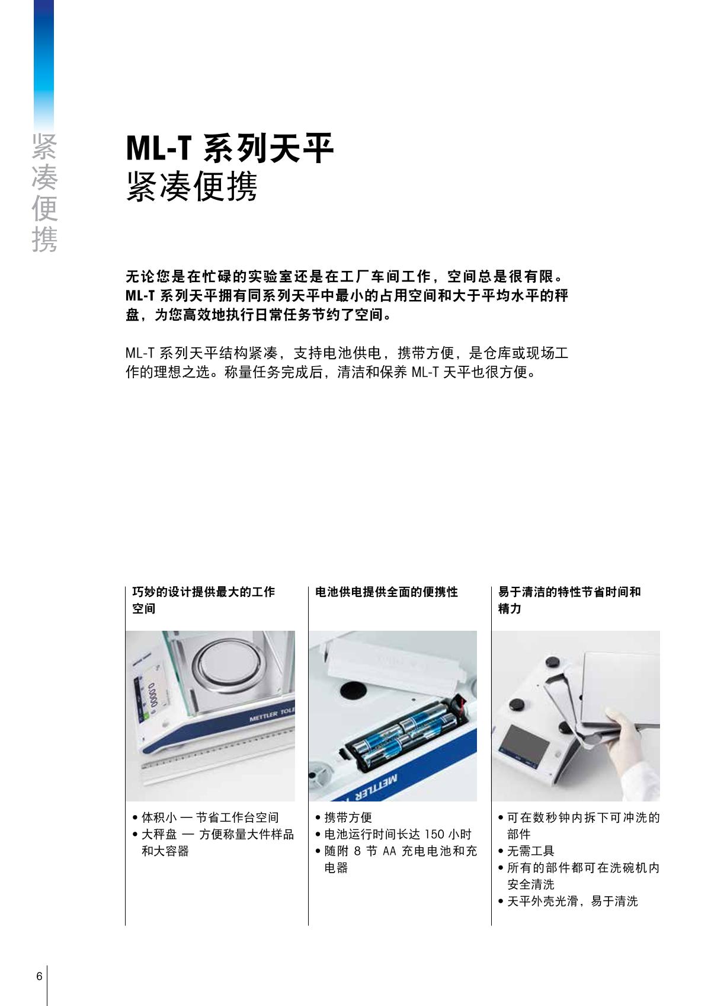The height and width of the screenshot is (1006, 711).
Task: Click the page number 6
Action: [39, 976]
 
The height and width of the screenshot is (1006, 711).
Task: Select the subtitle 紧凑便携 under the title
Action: [191, 186]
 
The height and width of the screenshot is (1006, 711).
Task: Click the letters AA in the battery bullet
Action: [389, 851]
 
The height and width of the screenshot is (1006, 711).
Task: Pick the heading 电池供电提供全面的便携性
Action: [386, 592]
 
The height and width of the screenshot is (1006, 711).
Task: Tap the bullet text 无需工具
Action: [530, 851]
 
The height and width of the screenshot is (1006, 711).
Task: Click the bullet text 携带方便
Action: [348, 817]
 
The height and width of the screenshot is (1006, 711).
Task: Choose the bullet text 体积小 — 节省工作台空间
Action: [210, 817]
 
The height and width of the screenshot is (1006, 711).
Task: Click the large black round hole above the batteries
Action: [353, 690]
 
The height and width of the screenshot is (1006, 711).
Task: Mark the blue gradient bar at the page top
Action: [44, 66]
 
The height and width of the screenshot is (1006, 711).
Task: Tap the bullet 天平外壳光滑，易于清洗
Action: [572, 901]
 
